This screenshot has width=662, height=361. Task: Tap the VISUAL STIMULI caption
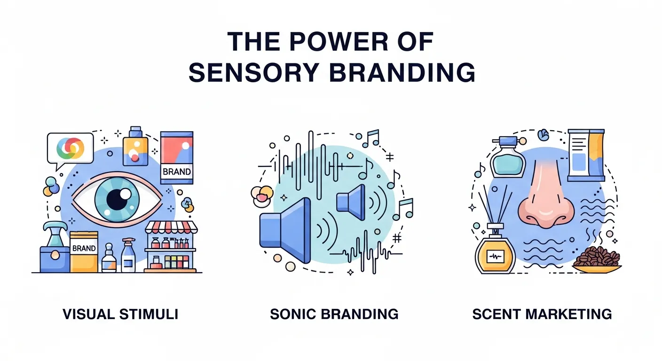coord(120,314)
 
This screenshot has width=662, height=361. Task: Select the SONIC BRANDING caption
coord(334,314)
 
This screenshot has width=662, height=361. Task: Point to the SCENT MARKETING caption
coord(542,314)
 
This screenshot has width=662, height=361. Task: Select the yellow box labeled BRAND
coord(84,251)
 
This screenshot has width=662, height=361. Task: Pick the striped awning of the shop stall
coord(172,228)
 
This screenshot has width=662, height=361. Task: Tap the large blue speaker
coord(287,230)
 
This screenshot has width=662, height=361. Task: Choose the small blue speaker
coord(352,202)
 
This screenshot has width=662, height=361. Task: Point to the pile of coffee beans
coord(596,258)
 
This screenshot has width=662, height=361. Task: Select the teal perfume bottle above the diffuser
coord(507,160)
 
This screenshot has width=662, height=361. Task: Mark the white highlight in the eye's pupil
coord(126,194)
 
